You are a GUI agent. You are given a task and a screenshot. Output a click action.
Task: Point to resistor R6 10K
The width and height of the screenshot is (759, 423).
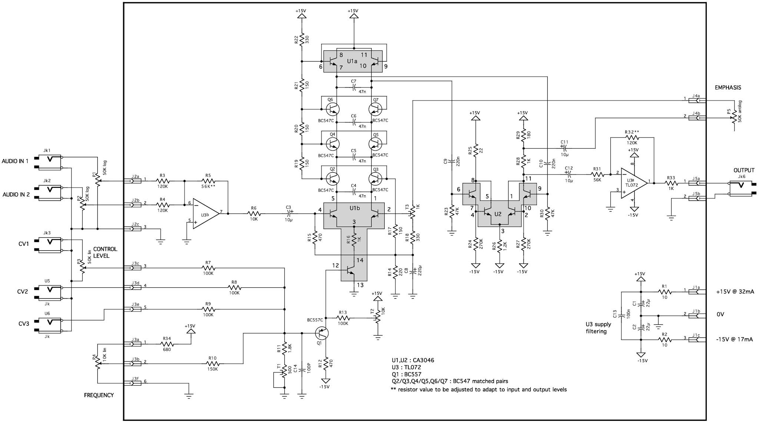(x=254, y=214)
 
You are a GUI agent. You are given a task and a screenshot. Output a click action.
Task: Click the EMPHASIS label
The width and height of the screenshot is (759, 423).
(x=728, y=88)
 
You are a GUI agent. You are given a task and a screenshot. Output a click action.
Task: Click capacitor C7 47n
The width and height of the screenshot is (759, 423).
(x=354, y=87)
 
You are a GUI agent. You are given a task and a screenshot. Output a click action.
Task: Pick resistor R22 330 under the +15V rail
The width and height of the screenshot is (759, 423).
(x=302, y=39)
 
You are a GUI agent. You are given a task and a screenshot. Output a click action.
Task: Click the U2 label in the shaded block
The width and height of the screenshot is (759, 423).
(x=498, y=214)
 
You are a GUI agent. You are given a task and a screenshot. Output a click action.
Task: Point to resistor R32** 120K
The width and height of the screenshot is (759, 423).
(x=632, y=137)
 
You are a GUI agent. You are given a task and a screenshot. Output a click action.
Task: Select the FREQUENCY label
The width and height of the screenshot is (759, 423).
(x=99, y=395)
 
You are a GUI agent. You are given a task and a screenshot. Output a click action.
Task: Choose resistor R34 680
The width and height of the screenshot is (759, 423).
(x=166, y=344)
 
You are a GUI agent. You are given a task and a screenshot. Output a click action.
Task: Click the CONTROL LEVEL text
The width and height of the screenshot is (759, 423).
(x=105, y=252)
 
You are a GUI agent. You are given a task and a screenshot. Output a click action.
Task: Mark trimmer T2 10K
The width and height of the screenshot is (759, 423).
(x=377, y=317)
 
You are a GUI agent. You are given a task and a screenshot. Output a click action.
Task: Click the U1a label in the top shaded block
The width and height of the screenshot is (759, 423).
(x=352, y=61)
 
